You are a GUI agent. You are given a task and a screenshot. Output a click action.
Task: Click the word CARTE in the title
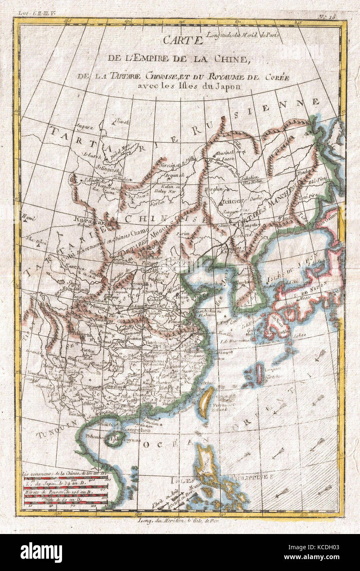(183, 40)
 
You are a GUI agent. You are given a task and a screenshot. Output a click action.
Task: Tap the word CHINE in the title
(232, 59)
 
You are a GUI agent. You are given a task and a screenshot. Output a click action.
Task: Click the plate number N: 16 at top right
(327, 17)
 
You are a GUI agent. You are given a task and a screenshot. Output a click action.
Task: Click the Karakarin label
(87, 220)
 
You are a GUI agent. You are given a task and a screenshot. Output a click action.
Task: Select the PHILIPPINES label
(253, 477)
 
